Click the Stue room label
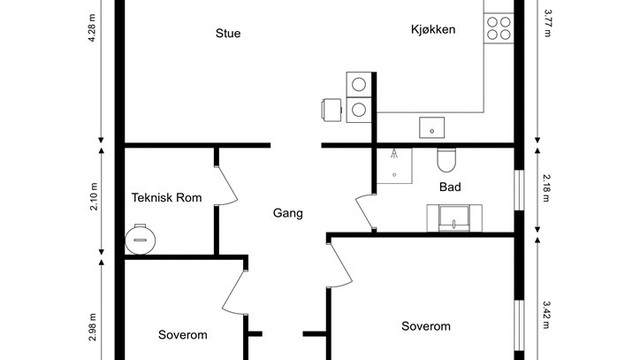pyautogui.click(x=228, y=33)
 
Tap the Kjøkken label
pyautogui.click(x=433, y=29)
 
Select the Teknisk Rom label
pyautogui.click(x=167, y=198)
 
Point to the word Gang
pyautogui.click(x=288, y=213)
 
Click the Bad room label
pyautogui.click(x=450, y=187)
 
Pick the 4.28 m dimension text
pyautogui.click(x=92, y=28)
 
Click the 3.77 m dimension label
pyautogui.click(x=547, y=23)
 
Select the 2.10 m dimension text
pyautogui.click(x=93, y=197)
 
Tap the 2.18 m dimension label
pyautogui.click(x=547, y=188)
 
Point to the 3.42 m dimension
pyautogui.click(x=547, y=315)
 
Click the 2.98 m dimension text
pyautogui.click(x=93, y=327)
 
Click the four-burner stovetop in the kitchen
pyautogui.click(x=499, y=28)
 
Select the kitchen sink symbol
pyautogui.click(x=432, y=128)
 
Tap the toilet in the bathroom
pyautogui.click(x=446, y=160)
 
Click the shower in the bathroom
pyautogui.click(x=394, y=166)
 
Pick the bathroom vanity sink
pyautogui.click(x=454, y=218)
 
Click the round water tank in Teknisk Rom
pyautogui.click(x=140, y=240)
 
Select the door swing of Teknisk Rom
pyautogui.click(x=227, y=186)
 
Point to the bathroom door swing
pyautogui.click(x=364, y=212)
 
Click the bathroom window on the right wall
pyautogui.click(x=519, y=190)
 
